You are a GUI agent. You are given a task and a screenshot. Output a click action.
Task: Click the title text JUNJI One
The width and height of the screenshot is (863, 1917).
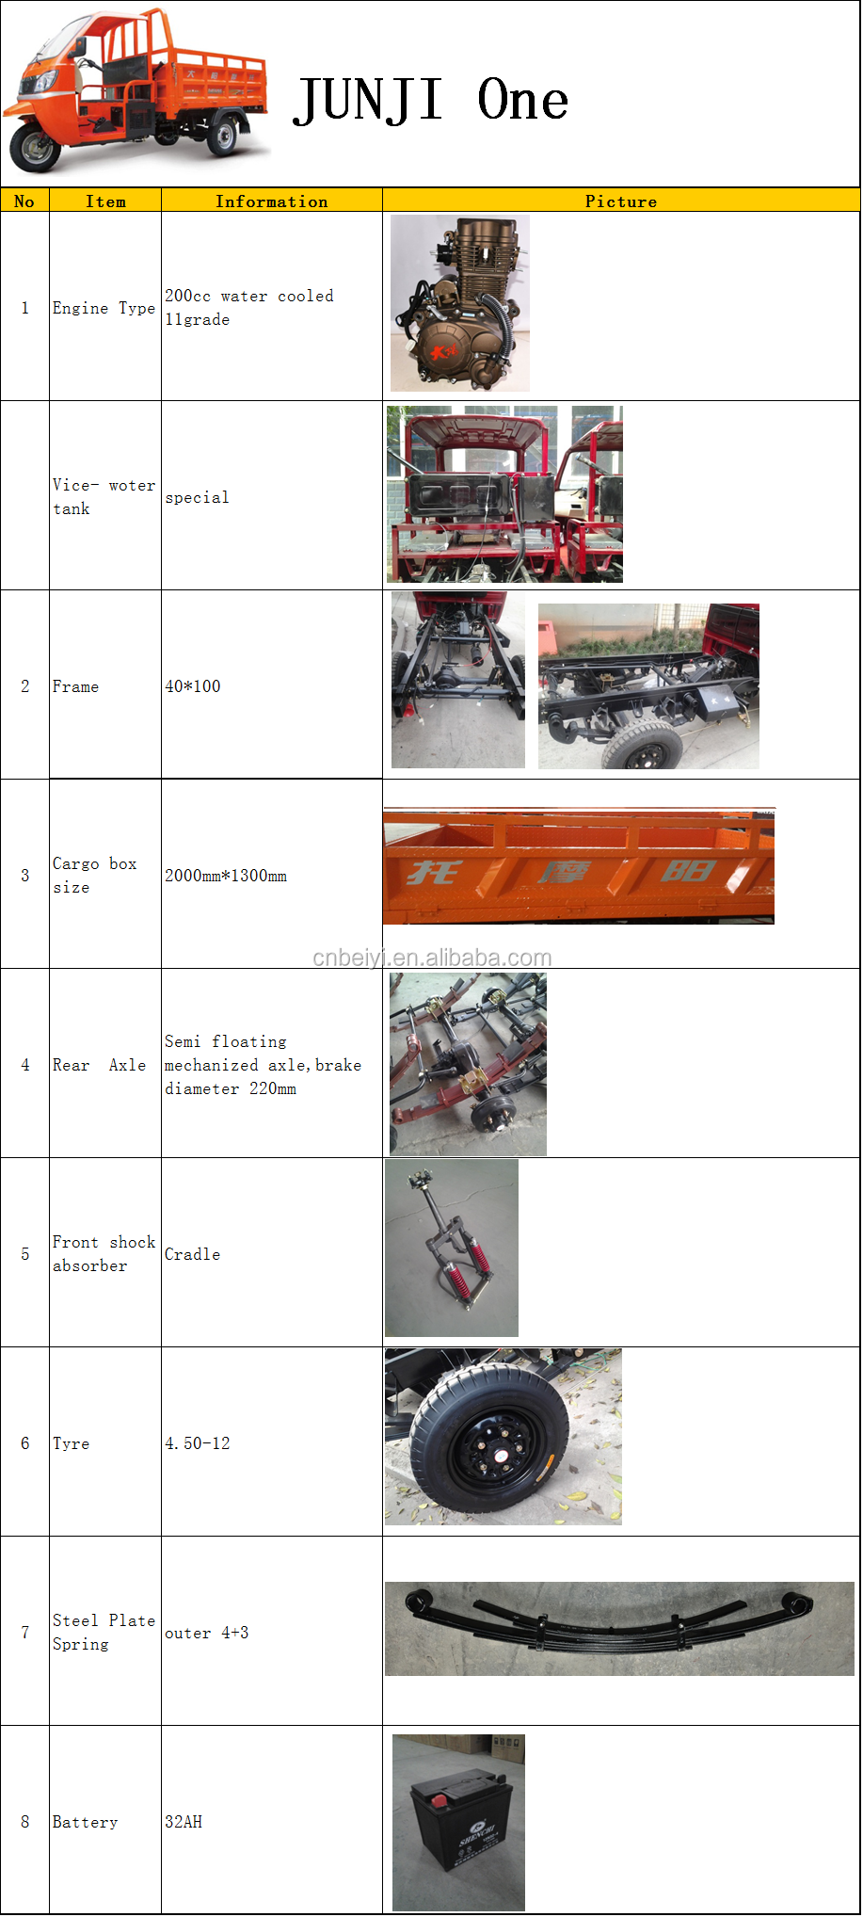pos(431,101)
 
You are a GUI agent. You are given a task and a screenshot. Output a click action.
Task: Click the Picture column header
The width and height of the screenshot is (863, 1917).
pos(620,201)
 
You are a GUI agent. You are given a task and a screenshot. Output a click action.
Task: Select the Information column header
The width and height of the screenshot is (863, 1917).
pos(271,201)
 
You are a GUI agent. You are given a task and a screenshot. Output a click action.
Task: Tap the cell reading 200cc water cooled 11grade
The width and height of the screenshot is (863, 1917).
pos(248,307)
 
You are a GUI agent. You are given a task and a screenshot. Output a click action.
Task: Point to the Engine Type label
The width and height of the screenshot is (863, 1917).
pos(104,308)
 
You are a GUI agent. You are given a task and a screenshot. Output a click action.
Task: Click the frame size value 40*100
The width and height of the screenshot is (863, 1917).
pos(193,686)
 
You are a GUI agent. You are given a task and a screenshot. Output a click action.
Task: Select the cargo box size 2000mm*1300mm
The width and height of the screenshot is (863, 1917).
pos(226,876)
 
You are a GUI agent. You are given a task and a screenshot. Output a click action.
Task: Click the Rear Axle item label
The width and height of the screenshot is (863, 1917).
pos(99,1065)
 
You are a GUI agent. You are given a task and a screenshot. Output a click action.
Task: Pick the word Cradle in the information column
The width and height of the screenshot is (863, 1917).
pos(192,1254)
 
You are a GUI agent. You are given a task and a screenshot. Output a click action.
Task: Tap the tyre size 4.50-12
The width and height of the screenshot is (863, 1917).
pos(198,1443)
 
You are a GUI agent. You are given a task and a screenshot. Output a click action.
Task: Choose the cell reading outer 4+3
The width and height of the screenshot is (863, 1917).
pos(206,1633)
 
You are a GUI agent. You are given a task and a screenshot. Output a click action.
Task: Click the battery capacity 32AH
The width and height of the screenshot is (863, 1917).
pos(184,1822)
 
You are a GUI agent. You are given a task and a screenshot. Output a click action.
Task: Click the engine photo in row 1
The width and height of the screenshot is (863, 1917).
pos(460,303)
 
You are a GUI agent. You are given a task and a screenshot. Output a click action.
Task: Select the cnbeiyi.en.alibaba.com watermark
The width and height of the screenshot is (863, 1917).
pos(432,958)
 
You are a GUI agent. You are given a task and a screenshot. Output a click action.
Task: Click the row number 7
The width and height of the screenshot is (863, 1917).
pos(25,1633)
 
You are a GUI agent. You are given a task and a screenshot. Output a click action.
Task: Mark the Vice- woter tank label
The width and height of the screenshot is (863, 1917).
pos(103,496)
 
